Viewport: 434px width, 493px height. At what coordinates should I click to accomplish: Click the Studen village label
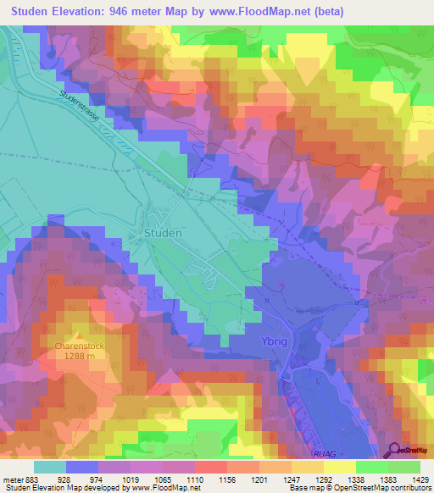click(162, 233)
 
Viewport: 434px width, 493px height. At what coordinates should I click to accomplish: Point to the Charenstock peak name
click(79, 346)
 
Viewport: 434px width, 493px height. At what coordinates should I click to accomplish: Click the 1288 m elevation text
click(80, 357)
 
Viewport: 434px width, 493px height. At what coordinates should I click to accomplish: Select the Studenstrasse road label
click(81, 108)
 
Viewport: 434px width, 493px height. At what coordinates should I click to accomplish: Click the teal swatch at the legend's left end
click(49, 467)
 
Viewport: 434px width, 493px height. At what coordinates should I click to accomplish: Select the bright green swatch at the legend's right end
click(403, 467)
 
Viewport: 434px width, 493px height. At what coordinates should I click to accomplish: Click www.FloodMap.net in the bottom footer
click(162, 488)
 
